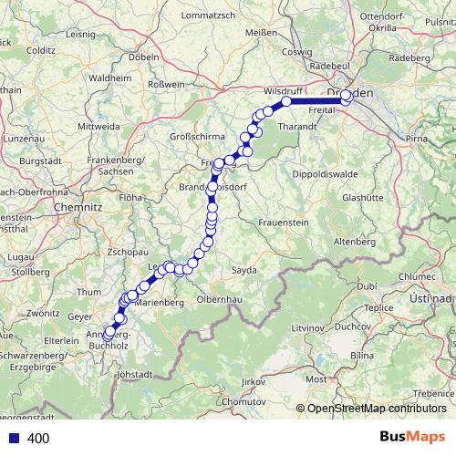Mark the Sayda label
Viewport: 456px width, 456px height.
tap(245, 271)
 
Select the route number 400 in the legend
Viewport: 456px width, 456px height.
tap(38, 439)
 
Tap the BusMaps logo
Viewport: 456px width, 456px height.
tap(411, 438)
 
